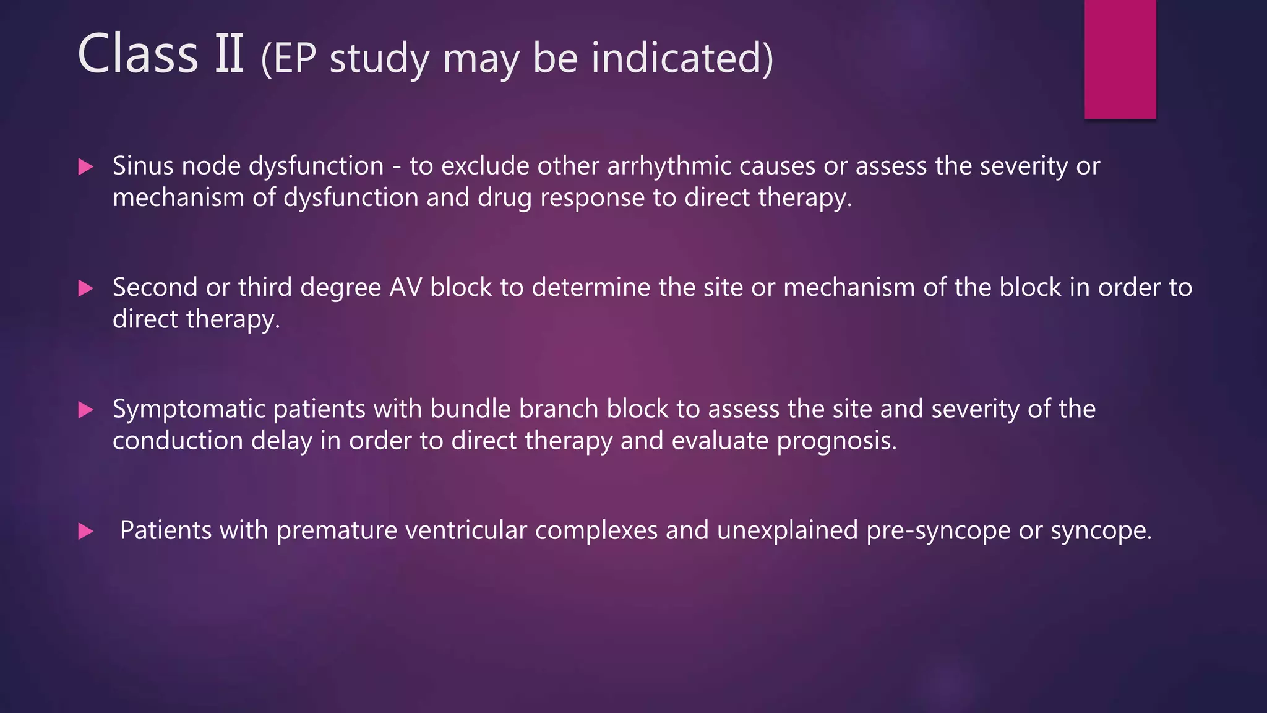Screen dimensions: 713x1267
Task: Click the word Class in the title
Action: pyautogui.click(x=137, y=54)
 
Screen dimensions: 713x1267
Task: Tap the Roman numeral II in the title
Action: pyautogui.click(x=230, y=54)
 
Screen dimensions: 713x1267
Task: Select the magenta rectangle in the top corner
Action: pyautogui.click(x=1120, y=59)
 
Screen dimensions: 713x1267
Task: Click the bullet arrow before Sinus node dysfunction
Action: pyautogui.click(x=86, y=166)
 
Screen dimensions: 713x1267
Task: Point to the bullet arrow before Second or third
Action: pyautogui.click(x=86, y=288)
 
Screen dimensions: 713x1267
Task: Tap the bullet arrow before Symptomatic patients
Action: pyautogui.click(x=86, y=410)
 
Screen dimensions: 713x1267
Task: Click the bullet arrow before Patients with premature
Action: pyautogui.click(x=86, y=531)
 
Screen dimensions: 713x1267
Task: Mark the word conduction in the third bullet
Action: pyautogui.click(x=178, y=441)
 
